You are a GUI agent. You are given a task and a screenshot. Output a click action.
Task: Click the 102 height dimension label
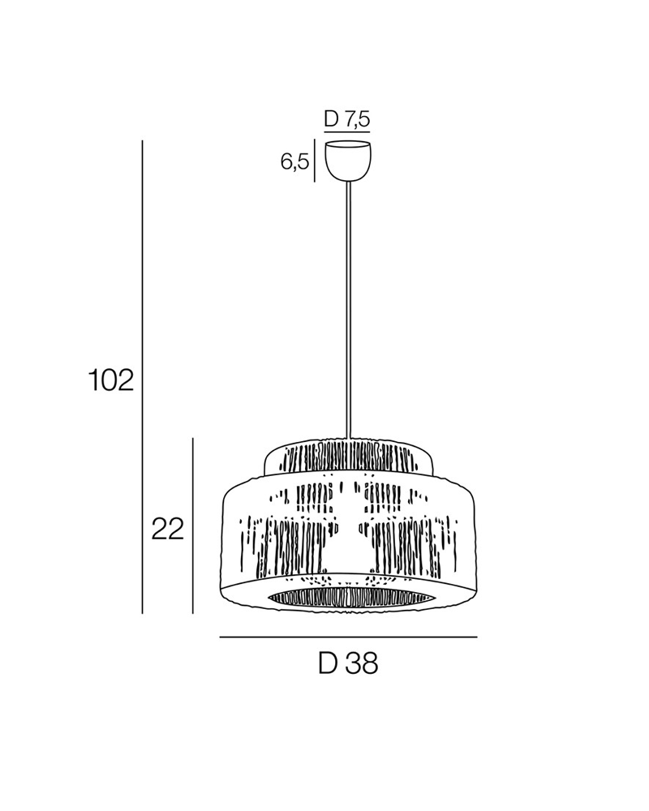pyautogui.click(x=111, y=380)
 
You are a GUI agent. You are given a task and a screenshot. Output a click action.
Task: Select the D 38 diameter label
pyautogui.click(x=348, y=663)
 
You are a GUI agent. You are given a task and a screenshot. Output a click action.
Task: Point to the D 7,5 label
pyautogui.click(x=347, y=119)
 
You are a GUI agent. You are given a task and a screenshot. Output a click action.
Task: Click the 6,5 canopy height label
pyautogui.click(x=294, y=162)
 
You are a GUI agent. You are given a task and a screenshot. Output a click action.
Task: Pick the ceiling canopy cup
pyautogui.click(x=348, y=161)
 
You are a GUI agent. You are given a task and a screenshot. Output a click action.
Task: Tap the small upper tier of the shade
pyautogui.click(x=348, y=457)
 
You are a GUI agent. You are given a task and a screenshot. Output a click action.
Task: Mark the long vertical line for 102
pyautogui.click(x=142, y=376)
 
